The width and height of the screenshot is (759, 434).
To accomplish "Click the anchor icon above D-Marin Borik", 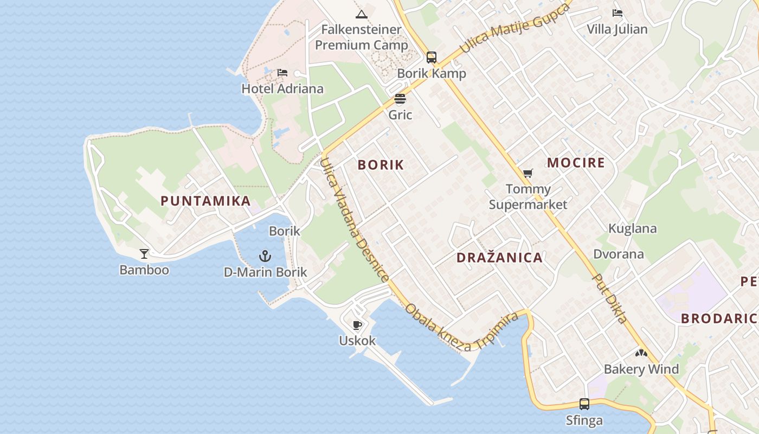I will tap(265, 256).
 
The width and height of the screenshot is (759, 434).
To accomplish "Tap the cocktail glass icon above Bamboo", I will tap(144, 253).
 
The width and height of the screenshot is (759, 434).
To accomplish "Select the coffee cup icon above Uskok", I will tap(357, 325).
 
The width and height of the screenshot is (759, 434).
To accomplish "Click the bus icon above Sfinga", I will tap(584, 404).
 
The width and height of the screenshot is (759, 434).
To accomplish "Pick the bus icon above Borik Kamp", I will tap(432, 57).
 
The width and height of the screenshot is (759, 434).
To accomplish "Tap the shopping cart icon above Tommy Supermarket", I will tap(528, 173).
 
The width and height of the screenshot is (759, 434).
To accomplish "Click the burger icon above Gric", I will tap(400, 99).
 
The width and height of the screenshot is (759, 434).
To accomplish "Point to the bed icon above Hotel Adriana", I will tap(282, 73).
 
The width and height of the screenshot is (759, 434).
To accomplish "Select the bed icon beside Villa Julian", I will tap(618, 13).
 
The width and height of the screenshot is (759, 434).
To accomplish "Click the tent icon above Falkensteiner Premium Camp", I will tap(362, 14).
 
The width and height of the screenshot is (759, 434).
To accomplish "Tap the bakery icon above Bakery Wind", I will tap(641, 353).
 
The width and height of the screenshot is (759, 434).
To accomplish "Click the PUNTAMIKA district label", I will tap(205, 201).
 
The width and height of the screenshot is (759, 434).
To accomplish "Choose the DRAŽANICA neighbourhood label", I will tap(499, 258).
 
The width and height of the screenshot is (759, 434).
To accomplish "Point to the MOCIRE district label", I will tap(576, 163).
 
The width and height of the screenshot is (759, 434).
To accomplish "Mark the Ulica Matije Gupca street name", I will tap(515, 27).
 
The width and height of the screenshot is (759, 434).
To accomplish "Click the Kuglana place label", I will tap(632, 228).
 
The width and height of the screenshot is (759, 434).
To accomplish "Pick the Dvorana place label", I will tap(619, 254).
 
